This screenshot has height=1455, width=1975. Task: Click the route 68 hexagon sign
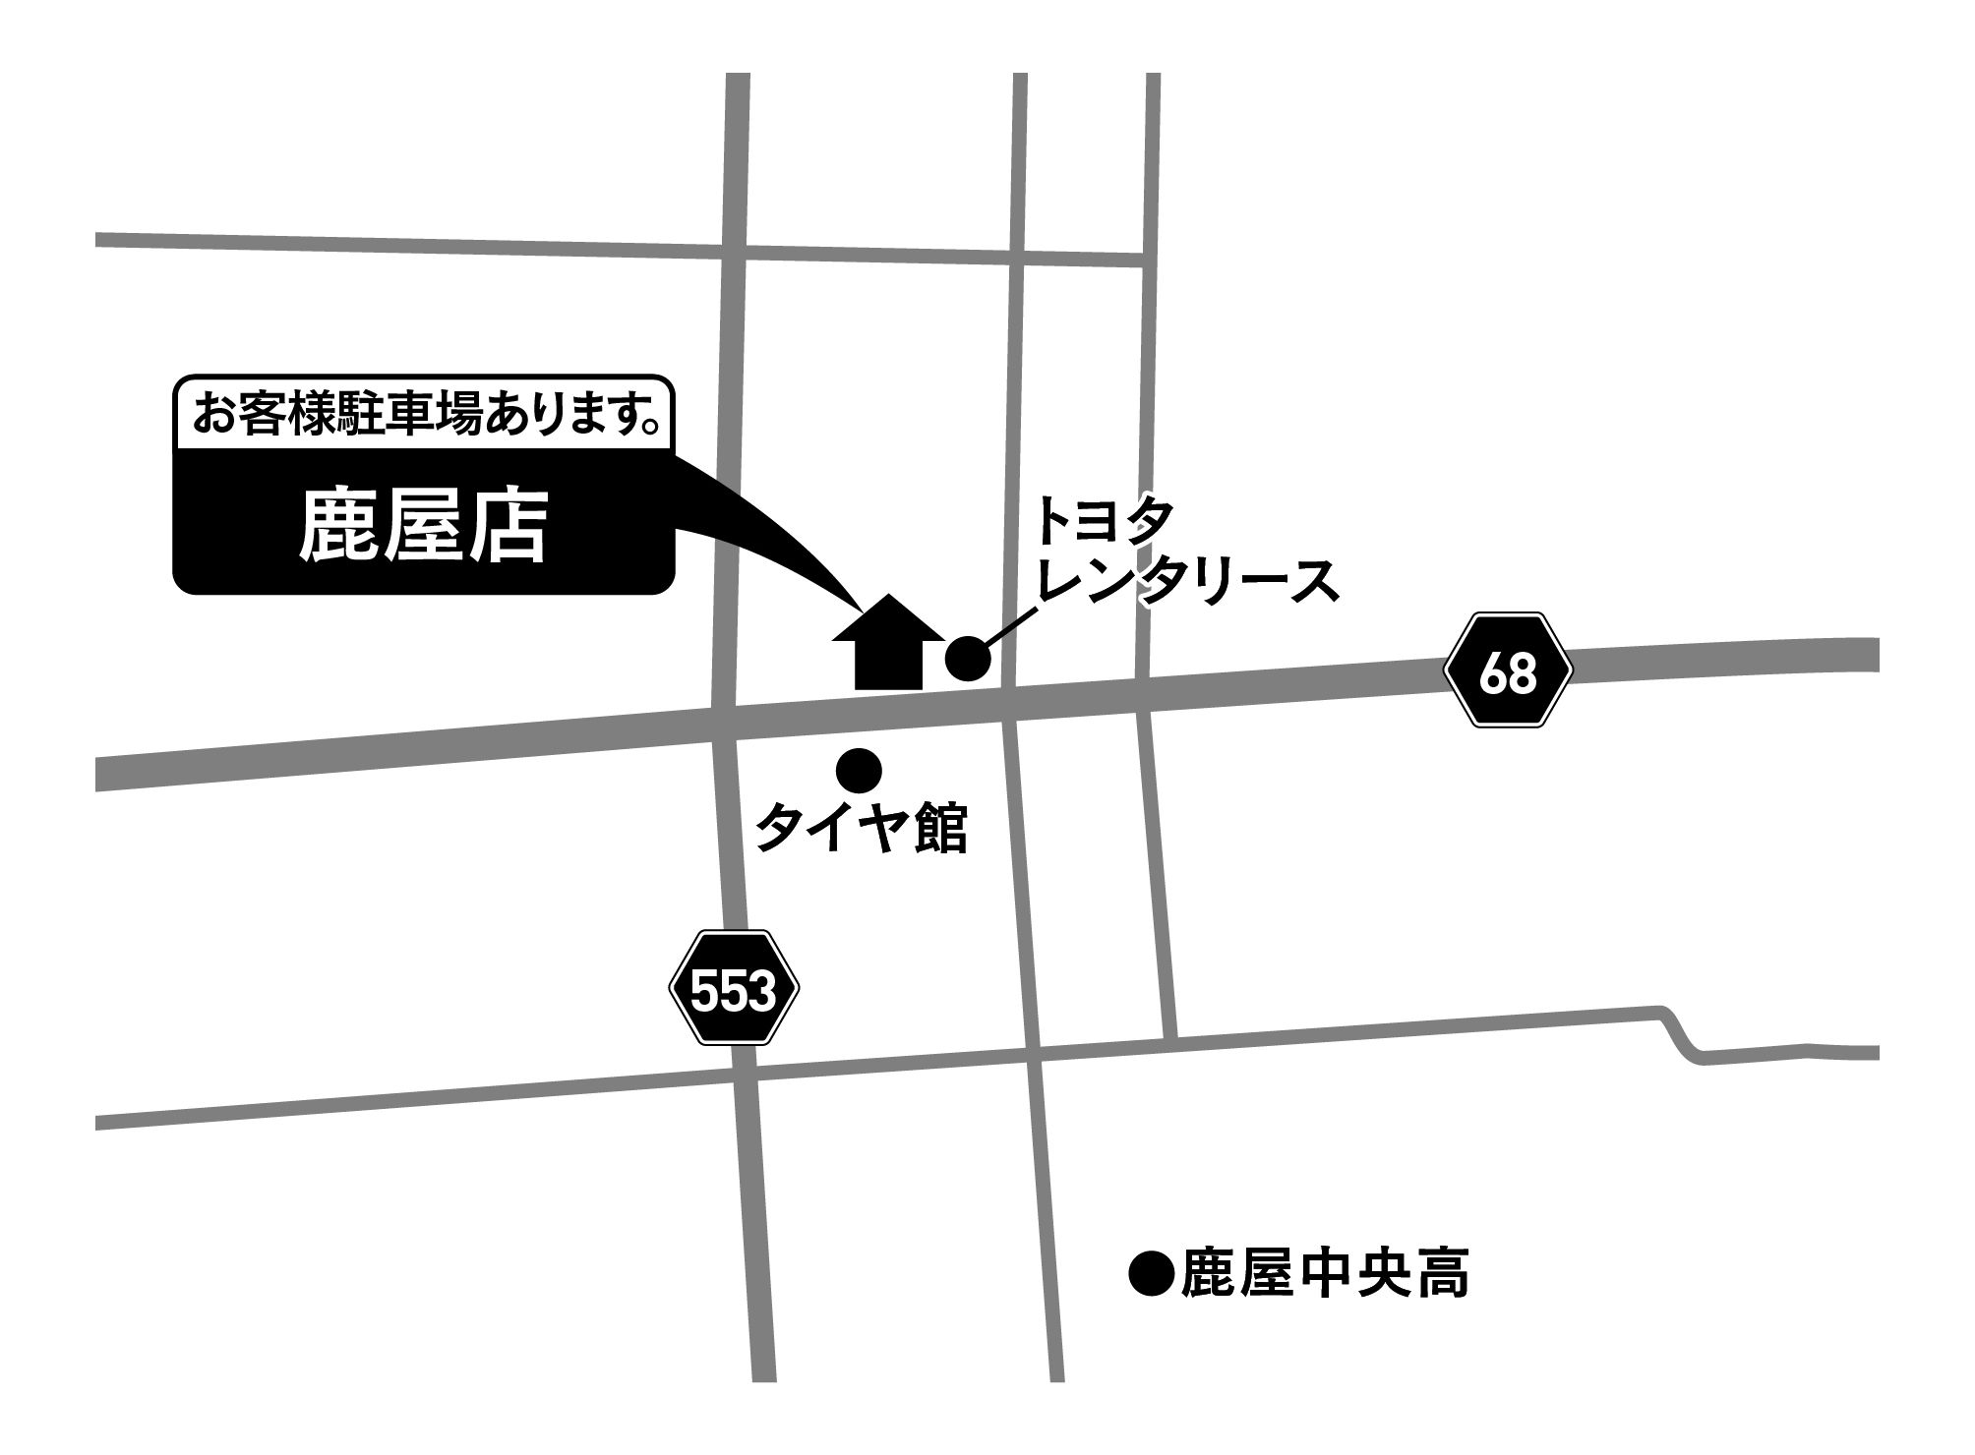pos(1507,670)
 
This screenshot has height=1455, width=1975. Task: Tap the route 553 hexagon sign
pos(734,988)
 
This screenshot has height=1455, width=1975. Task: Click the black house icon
pos(888,643)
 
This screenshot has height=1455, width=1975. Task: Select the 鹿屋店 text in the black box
pos(423,527)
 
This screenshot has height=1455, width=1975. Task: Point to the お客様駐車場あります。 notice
pos(425,414)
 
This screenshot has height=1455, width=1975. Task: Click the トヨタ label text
pos(1104,522)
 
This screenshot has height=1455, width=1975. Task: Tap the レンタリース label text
pos(1187,581)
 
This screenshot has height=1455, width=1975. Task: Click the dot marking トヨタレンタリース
pos(968,658)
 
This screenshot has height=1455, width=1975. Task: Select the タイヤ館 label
pos(861,828)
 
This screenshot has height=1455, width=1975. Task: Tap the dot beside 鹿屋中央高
pos(1152,1275)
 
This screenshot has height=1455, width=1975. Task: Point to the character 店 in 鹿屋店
pos(507,527)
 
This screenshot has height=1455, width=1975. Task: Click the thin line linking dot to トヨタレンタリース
pos(1010,627)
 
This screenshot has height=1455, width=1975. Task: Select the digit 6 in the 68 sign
pos(1492,672)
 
